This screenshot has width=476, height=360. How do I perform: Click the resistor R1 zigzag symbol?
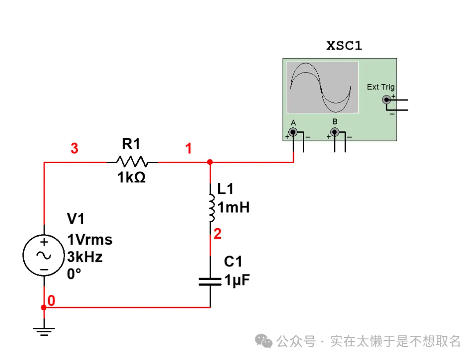coord(132,162)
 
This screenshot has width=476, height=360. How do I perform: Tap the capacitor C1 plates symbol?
coord(210,282)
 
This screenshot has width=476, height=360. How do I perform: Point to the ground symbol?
coord(44,330)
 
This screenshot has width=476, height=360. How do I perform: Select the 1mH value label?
coord(234,207)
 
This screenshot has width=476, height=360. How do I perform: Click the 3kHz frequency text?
coord(85,256)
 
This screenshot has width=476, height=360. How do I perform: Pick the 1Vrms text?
coord(89,240)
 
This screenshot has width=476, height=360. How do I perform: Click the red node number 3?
coord(74,149)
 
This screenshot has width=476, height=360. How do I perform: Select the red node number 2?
coord(217,234)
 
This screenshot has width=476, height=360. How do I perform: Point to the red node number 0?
coord(51,301)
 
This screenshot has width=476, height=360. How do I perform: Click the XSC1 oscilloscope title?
coord(344,45)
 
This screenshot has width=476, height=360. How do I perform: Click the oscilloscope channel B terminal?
coord(334,132)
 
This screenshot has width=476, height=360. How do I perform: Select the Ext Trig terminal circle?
coord(387,100)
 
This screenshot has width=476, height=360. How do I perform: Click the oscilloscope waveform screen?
coord(322,87)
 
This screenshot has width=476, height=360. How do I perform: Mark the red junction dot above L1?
coord(210,162)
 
